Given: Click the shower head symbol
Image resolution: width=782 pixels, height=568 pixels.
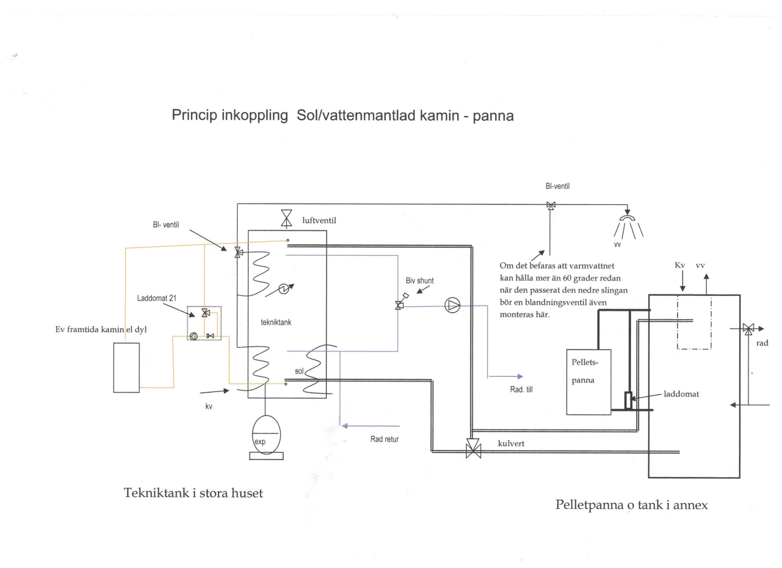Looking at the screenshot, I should click(627, 218).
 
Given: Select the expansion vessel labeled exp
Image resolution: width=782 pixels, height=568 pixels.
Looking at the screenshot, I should click(266, 435).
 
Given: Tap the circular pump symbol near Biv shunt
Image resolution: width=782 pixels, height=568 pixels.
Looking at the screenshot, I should click(452, 305).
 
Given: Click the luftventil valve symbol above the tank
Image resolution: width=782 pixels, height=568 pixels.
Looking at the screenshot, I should click(286, 219).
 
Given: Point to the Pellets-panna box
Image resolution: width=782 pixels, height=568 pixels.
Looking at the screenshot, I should click(588, 382).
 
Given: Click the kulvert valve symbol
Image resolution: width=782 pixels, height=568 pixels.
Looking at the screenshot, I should click(473, 449).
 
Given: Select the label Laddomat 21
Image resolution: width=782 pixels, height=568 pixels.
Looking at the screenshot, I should click(157, 298).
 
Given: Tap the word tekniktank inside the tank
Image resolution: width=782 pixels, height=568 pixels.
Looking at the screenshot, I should click(276, 322).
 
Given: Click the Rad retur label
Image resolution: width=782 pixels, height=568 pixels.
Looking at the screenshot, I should click(384, 439).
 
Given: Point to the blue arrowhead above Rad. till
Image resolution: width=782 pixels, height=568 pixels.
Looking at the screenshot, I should click(520, 377).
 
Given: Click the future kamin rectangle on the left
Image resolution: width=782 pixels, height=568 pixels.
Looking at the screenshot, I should click(126, 367).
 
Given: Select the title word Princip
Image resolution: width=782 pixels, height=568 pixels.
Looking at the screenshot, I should click(194, 115).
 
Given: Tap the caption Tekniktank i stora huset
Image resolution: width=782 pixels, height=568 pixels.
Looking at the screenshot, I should click(193, 493).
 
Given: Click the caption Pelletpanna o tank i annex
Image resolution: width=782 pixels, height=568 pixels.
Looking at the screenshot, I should click(631, 505).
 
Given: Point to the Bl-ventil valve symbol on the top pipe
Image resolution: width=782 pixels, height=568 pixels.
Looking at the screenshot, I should click(551, 206).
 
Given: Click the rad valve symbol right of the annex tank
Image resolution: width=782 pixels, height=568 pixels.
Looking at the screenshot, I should click(748, 328).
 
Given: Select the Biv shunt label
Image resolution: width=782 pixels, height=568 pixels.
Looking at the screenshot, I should click(419, 281).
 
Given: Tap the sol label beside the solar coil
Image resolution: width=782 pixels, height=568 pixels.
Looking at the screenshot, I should click(299, 371).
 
